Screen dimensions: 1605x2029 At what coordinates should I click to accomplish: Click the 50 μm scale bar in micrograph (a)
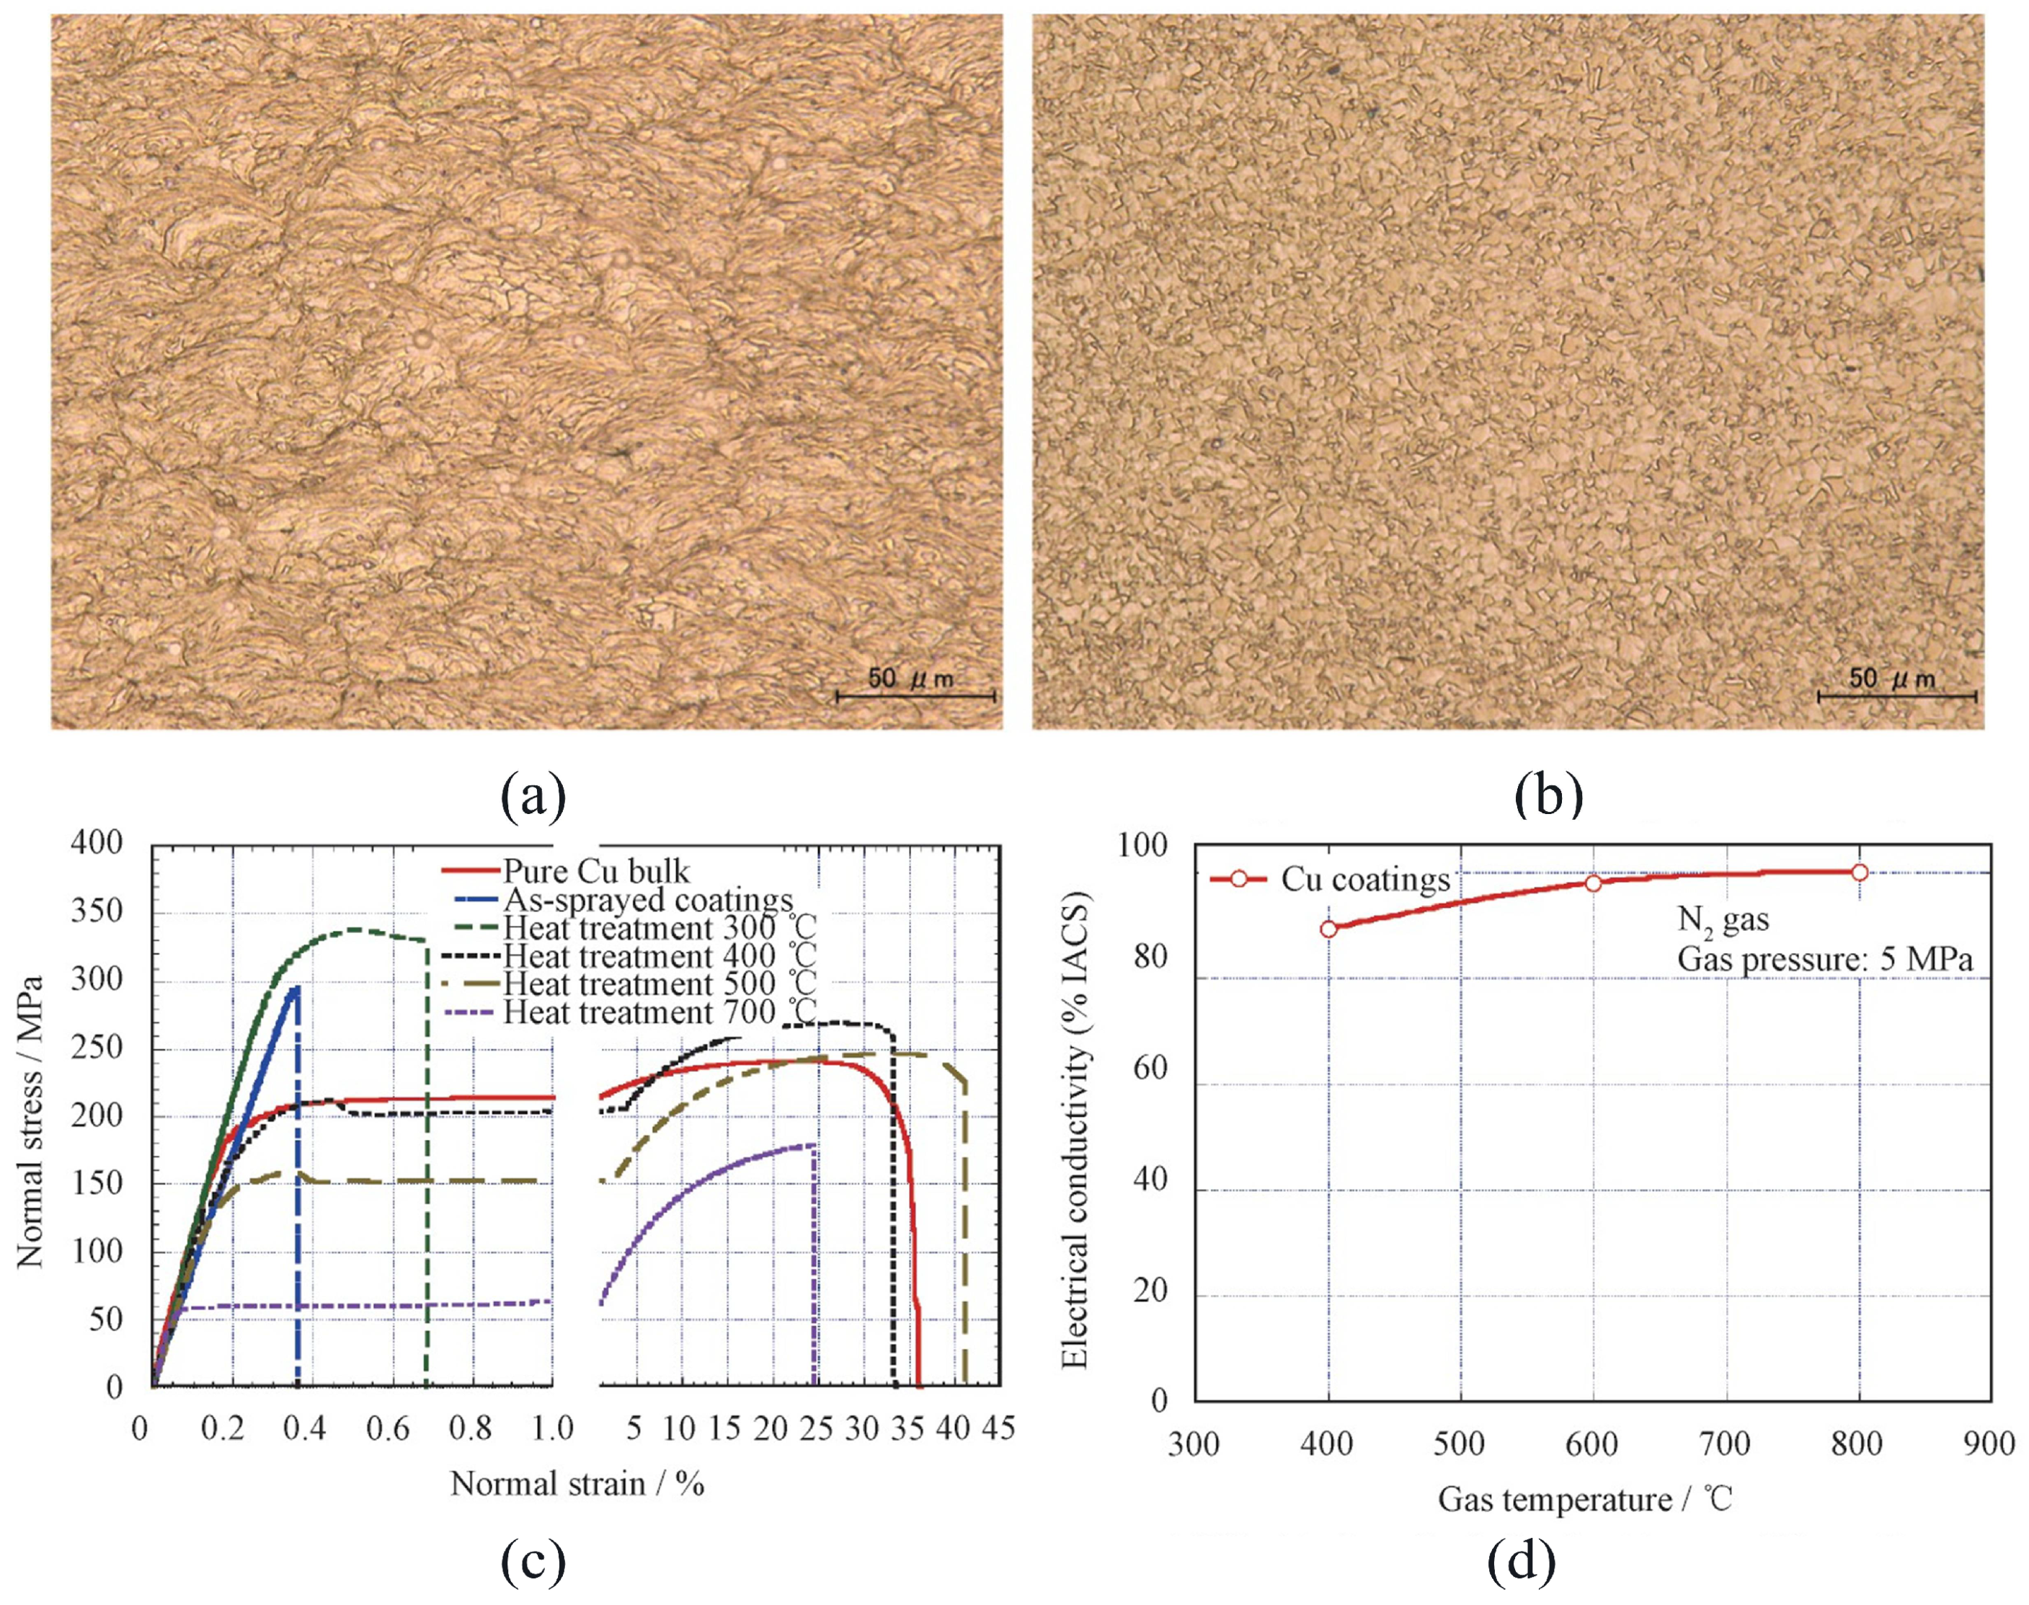point(915,697)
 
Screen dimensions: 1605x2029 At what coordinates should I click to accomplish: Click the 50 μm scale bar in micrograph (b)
point(1896,697)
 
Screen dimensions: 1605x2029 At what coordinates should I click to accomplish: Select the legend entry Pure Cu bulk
point(595,871)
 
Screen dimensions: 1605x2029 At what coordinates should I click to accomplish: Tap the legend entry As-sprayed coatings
point(647,901)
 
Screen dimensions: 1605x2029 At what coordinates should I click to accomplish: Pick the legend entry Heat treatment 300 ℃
point(660,929)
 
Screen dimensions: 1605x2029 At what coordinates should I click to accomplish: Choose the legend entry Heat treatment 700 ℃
point(660,1012)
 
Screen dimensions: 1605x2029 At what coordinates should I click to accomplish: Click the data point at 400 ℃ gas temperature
point(1328,929)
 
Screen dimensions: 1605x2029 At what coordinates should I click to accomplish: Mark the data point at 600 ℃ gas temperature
point(1593,883)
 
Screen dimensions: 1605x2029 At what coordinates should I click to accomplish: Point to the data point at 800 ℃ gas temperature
point(1859,872)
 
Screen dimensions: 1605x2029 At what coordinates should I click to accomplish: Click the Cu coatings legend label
point(1366,880)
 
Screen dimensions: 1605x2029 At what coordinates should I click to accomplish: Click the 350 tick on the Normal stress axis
point(98,911)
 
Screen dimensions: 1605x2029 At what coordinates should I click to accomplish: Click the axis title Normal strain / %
point(577,1484)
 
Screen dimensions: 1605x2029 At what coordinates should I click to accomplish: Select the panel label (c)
point(533,1562)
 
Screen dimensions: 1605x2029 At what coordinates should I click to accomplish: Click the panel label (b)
point(1550,795)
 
